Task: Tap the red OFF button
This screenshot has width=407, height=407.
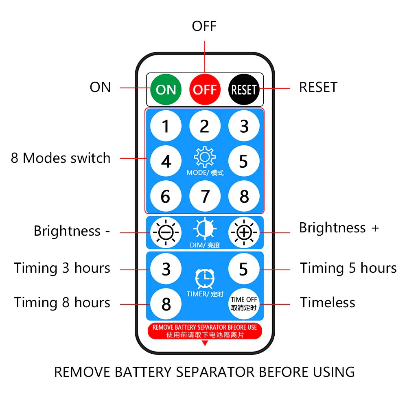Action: (x=205, y=89)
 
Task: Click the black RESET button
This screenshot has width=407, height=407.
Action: (x=244, y=89)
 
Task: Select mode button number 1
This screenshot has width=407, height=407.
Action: (x=166, y=127)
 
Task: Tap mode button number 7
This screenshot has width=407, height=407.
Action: (x=205, y=197)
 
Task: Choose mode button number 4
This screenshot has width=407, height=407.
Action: (x=166, y=162)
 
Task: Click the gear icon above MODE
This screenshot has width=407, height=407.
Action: (x=205, y=158)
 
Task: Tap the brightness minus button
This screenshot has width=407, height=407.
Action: (x=166, y=233)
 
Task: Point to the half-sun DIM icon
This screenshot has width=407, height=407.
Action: (x=205, y=229)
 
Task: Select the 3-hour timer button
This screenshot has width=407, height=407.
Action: (x=166, y=269)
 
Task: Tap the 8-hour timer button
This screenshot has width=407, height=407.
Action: (x=166, y=304)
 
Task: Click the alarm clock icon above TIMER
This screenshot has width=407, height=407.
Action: (x=205, y=279)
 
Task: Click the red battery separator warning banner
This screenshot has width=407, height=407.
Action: (x=205, y=331)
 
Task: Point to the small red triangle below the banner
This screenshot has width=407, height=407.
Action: (x=205, y=343)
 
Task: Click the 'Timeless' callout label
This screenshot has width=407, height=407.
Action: (x=328, y=303)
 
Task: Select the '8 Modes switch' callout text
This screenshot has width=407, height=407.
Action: (x=61, y=158)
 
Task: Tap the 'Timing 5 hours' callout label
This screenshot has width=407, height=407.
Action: (x=348, y=268)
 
